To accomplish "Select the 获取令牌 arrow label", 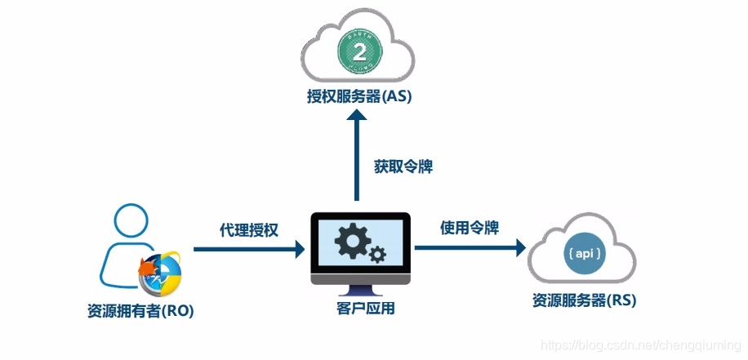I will [403, 167].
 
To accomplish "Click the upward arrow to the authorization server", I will [356, 155].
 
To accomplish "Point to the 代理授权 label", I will [249, 229].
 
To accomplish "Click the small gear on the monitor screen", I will [376, 255].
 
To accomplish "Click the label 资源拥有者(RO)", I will [140, 310].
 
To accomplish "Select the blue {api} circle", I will [585, 254].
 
